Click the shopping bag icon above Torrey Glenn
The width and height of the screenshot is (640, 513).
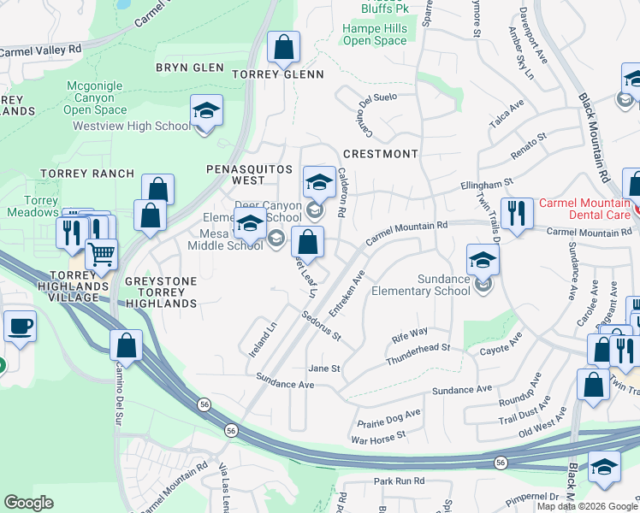coord(283,48)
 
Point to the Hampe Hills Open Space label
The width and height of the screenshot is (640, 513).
coord(375,34)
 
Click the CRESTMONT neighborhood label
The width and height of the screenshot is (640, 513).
coord(380,154)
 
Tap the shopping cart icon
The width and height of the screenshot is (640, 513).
coord(102,254)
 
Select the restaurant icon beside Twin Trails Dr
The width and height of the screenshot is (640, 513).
coord(516,214)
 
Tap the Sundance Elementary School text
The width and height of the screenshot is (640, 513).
coord(420,285)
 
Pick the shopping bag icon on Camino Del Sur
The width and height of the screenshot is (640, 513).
coord(127,346)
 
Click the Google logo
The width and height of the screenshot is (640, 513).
coord(28,502)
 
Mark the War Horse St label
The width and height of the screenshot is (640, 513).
coord(377,439)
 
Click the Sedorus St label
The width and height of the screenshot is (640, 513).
coord(321,325)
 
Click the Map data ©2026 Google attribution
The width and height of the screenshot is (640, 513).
coord(587,506)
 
